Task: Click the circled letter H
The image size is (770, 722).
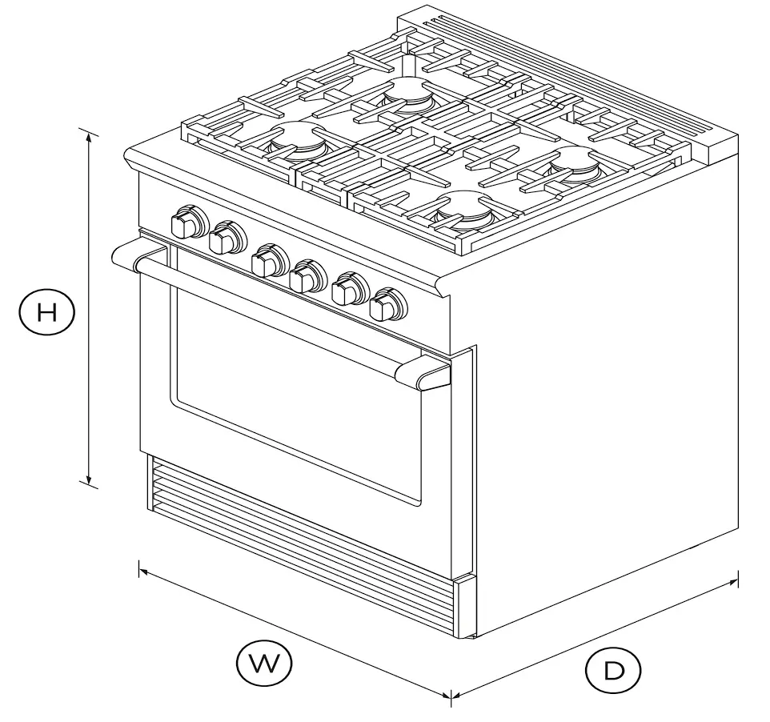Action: [x=46, y=312]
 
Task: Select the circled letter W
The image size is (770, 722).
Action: [x=264, y=663]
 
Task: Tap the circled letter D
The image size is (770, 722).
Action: [x=614, y=671]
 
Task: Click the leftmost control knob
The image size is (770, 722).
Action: [x=187, y=222]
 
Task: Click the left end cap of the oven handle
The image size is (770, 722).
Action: [x=128, y=256]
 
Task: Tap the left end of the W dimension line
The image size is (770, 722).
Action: [x=141, y=570]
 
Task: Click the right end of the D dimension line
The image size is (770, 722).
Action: [x=736, y=583]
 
